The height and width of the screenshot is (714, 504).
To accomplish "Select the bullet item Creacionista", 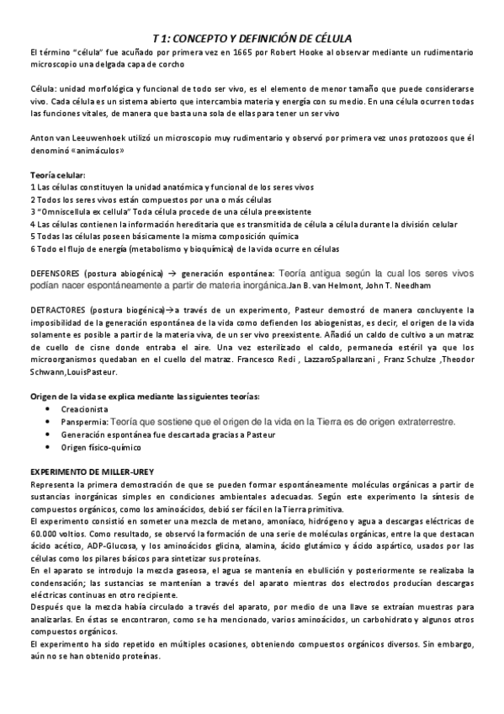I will (84, 408).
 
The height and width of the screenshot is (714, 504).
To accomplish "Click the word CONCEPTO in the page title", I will (214, 39).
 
